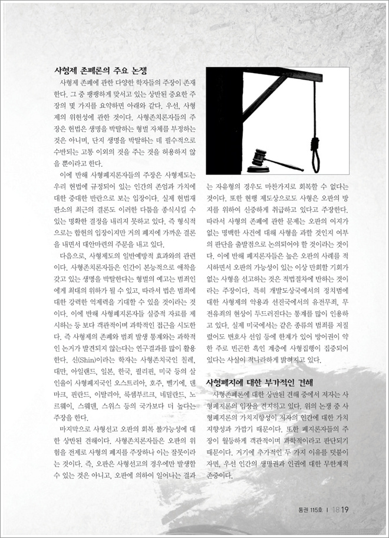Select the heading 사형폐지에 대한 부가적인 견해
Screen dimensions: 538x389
coord(259,382)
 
